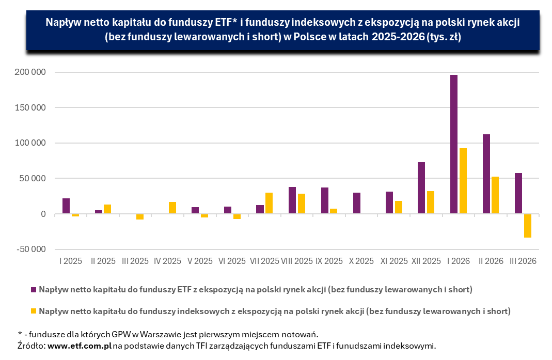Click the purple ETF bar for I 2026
[453, 144]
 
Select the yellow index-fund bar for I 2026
[463, 181]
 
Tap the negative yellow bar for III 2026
[527, 226]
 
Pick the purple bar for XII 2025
[421, 188]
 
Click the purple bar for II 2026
[486, 174]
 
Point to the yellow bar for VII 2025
[269, 203]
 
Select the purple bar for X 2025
[357, 203]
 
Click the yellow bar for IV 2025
[172, 208]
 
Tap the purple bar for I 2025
[66, 206]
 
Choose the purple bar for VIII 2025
[292, 200]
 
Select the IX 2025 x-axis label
[329, 261]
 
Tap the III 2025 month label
[135, 261]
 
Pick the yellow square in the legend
[34, 311]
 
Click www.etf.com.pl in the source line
[80, 346]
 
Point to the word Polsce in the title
[300, 37]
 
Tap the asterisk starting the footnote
[20, 333]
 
